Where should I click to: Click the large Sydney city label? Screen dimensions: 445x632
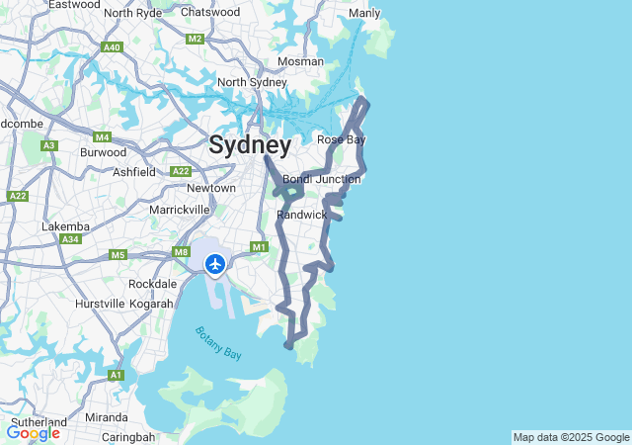250,146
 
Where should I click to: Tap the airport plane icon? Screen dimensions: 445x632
214,263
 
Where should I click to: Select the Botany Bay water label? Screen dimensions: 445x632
217,342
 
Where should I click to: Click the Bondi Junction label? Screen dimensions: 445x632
322,179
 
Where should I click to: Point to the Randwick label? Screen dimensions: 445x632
301,215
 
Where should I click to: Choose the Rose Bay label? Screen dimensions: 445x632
342,139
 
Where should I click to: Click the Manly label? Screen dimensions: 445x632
364,14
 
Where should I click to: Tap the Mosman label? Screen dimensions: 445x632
300,61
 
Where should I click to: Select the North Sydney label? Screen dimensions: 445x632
251,82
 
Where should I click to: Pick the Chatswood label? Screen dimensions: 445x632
210,12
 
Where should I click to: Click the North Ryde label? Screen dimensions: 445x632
132,13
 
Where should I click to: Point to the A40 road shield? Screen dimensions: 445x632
112,46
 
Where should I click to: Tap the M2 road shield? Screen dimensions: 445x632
195,39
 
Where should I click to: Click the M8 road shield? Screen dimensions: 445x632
181,252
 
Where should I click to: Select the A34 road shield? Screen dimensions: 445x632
69,239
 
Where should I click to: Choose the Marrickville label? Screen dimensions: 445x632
180,210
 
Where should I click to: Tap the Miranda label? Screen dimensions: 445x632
106,416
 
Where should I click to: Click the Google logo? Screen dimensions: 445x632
33,433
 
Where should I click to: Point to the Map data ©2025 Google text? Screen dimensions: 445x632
571,437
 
